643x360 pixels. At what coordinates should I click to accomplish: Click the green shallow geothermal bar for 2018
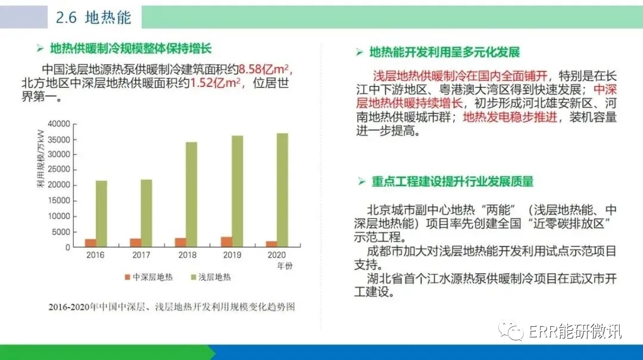(192, 195)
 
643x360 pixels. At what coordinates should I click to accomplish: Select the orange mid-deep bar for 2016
(90, 243)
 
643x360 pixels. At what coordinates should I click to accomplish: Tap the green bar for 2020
(283, 190)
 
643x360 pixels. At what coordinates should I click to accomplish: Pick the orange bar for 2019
(227, 242)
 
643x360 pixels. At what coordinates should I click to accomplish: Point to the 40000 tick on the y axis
(58, 124)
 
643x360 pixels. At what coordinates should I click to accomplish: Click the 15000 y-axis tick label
(58, 201)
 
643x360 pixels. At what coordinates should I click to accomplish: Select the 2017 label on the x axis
(141, 255)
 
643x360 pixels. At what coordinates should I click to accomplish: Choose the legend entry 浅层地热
(211, 277)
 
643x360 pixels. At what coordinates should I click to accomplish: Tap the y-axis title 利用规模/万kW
(40, 159)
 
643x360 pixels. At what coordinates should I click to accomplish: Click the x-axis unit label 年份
(285, 266)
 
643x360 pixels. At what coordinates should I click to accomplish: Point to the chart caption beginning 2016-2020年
(172, 306)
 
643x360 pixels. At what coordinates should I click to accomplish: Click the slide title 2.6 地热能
(93, 17)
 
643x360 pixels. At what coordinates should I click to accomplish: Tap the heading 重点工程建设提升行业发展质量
(452, 181)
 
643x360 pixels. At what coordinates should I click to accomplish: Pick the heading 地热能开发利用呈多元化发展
(445, 52)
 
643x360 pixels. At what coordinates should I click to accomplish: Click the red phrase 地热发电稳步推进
(510, 117)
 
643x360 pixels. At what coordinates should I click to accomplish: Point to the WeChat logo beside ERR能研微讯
(511, 330)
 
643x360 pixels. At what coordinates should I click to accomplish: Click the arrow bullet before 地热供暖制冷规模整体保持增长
(40, 49)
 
